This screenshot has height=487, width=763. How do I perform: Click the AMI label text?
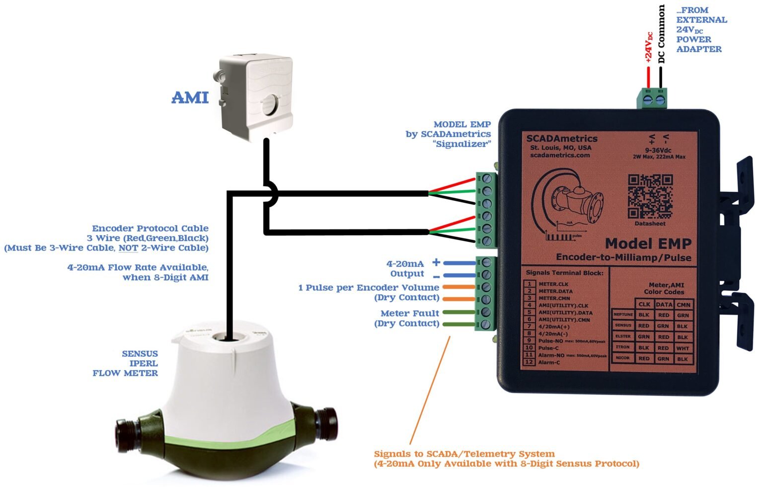coord(190,97)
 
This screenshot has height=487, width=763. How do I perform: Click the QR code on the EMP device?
coord(650,196)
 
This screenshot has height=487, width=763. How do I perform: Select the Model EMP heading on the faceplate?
coord(648,243)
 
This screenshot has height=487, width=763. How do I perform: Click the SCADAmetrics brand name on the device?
coord(561,139)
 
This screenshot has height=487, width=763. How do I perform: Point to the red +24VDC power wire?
coord(648,77)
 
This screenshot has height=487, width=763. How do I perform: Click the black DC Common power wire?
coord(661,77)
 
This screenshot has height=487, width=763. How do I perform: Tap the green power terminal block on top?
coord(652,98)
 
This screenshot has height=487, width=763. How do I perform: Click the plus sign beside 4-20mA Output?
coord(436,262)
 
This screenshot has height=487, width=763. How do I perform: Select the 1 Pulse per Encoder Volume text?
coord(369,288)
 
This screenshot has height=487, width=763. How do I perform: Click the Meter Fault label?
coord(410,313)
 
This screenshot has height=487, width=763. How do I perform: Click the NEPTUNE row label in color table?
coord(622,315)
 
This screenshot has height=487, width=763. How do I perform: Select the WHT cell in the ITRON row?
coord(683,348)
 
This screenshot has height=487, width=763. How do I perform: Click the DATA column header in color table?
coord(664,305)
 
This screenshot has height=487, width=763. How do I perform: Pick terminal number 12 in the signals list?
coord(530,362)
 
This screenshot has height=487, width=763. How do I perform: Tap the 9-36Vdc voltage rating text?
coord(658,150)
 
